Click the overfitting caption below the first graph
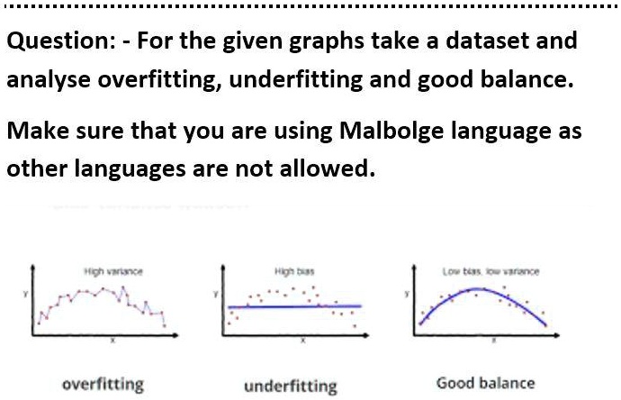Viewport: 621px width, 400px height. (x=102, y=385)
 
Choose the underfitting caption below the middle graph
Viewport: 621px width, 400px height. (x=290, y=386)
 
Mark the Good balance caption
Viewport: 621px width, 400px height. (x=485, y=383)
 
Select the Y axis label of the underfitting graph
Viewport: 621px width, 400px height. (x=214, y=294)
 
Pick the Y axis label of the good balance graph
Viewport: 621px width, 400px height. (x=405, y=294)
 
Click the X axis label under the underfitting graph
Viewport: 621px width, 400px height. (x=302, y=342)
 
